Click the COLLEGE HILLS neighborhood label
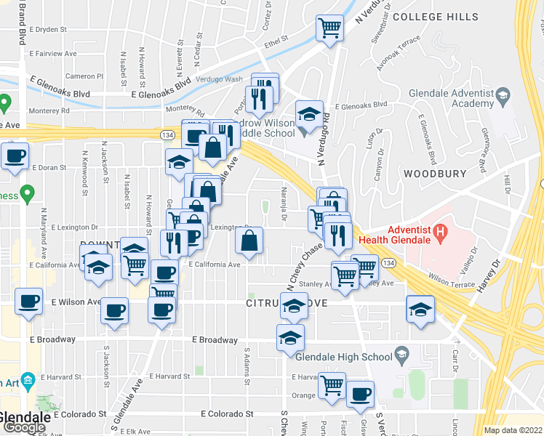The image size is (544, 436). coord(436,17)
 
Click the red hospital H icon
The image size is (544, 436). coord(439,233)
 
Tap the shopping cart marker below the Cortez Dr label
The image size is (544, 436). coord(330,29)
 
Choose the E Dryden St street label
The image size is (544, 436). coord(48,31)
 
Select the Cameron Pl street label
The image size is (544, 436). coord(84,76)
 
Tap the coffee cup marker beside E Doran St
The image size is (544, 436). coord(15,156)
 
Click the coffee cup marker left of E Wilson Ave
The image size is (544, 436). coord(29,301)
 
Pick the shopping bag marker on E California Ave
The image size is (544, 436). coord(249,241)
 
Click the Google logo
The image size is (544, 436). coord(23,427)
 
